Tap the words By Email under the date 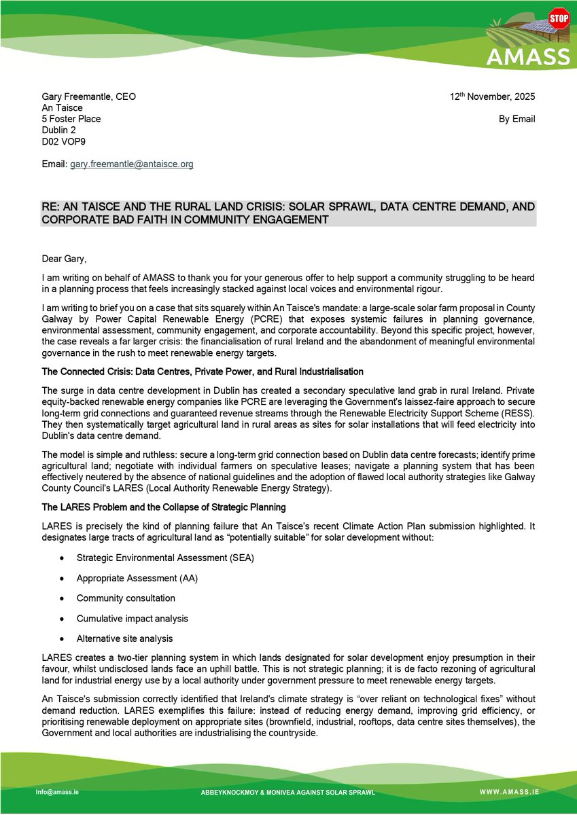tap(517, 119)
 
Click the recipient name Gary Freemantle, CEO tap(88, 96)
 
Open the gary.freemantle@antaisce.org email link tap(132, 164)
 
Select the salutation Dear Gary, tap(65, 257)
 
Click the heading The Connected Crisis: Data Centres tap(203, 372)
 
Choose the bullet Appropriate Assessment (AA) tap(137, 579)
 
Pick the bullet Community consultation tap(126, 598)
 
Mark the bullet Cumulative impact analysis tap(133, 619)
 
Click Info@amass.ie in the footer tap(58, 792)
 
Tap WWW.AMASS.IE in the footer tap(510, 792)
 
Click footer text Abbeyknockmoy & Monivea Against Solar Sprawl tap(288, 793)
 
